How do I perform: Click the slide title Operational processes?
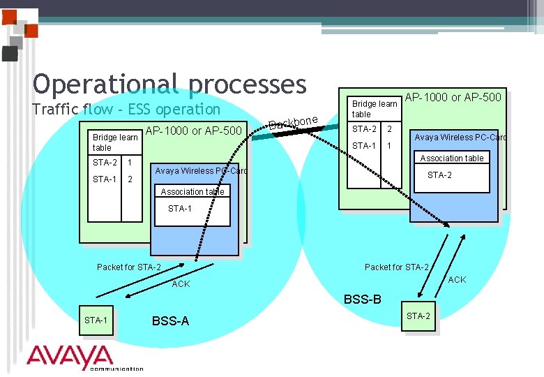point(169,84)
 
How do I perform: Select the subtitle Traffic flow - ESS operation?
point(126,110)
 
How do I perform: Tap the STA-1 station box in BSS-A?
point(96,320)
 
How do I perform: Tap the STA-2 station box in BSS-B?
point(418,316)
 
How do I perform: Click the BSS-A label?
point(170,321)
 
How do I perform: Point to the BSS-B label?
point(363,300)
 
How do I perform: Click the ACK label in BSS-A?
point(181,284)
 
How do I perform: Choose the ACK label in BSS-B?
point(457,280)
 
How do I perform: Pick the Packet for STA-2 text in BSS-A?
point(129,267)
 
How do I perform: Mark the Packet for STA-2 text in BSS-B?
point(396,267)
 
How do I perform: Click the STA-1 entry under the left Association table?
point(180,209)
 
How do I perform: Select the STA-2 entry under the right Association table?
point(439,175)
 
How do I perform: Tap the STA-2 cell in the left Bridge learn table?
point(105,163)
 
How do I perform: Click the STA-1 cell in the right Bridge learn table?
point(363,146)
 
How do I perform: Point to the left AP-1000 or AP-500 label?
point(193,131)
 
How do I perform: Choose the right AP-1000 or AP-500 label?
point(453,97)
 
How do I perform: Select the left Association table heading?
point(192,192)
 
